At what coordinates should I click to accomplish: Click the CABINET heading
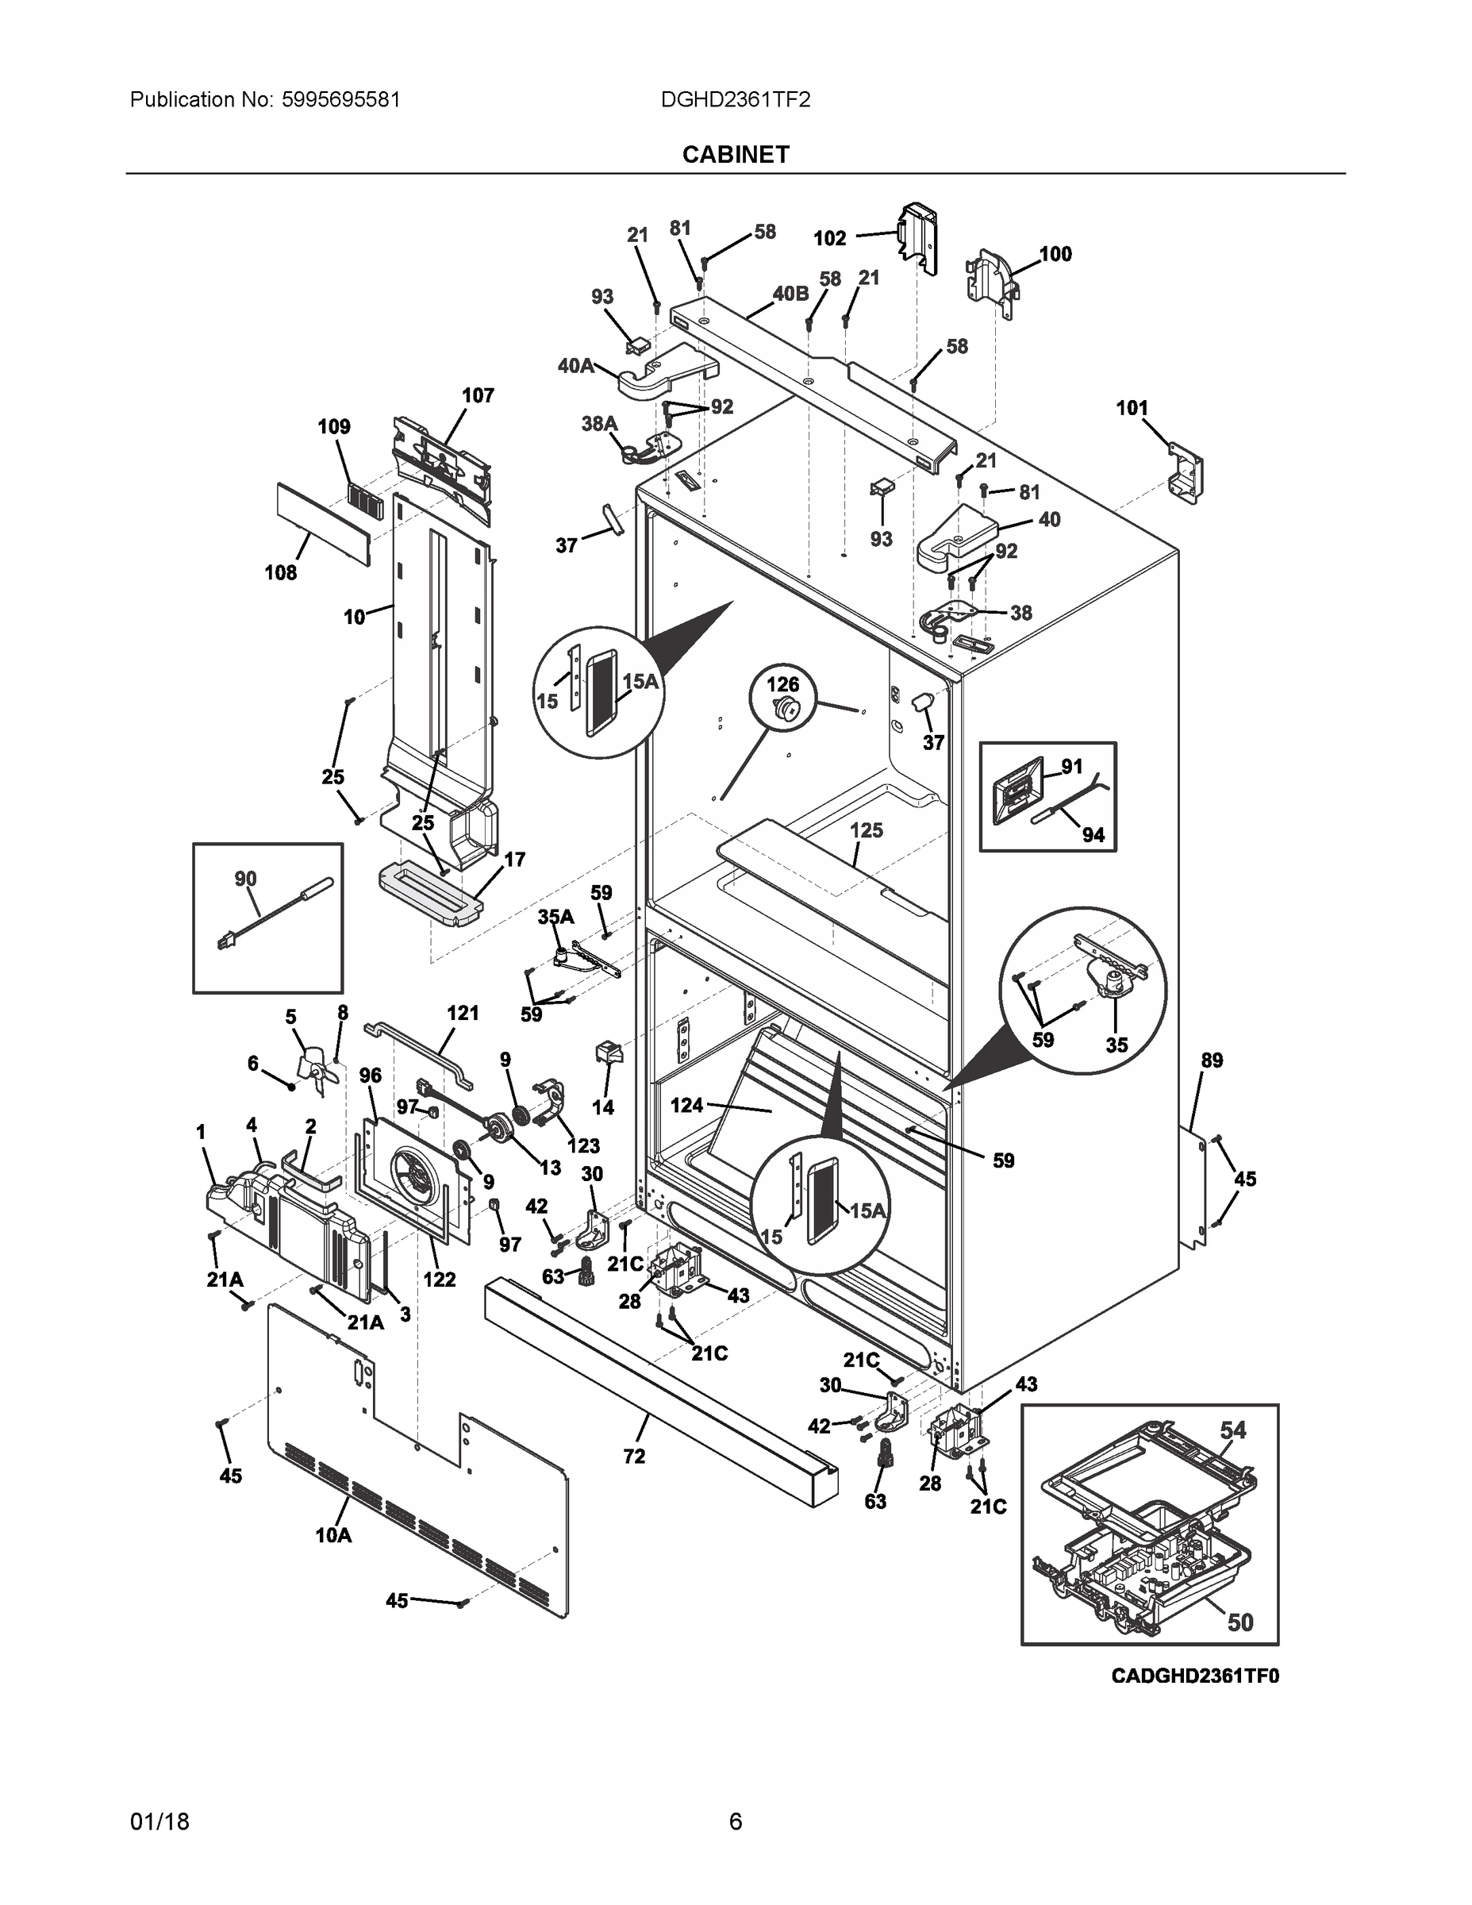[735, 155]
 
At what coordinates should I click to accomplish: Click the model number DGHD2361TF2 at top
[735, 99]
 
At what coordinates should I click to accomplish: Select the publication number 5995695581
[340, 99]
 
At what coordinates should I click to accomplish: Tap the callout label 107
[478, 395]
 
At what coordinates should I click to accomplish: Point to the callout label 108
[281, 572]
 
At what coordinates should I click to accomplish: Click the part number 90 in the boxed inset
[246, 879]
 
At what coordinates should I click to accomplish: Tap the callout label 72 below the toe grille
[634, 1456]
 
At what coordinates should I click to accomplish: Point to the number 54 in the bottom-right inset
[1233, 1430]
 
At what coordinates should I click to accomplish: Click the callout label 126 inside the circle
[782, 685]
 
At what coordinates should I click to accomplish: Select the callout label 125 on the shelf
[867, 829]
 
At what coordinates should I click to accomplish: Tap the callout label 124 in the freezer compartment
[686, 1105]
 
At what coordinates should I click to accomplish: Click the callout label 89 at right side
[1213, 1060]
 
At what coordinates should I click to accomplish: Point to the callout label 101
[1132, 407]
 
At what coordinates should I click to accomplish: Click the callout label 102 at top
[829, 238]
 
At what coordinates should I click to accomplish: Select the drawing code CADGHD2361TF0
[1195, 1676]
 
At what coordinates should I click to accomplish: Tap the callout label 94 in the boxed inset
[1093, 835]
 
